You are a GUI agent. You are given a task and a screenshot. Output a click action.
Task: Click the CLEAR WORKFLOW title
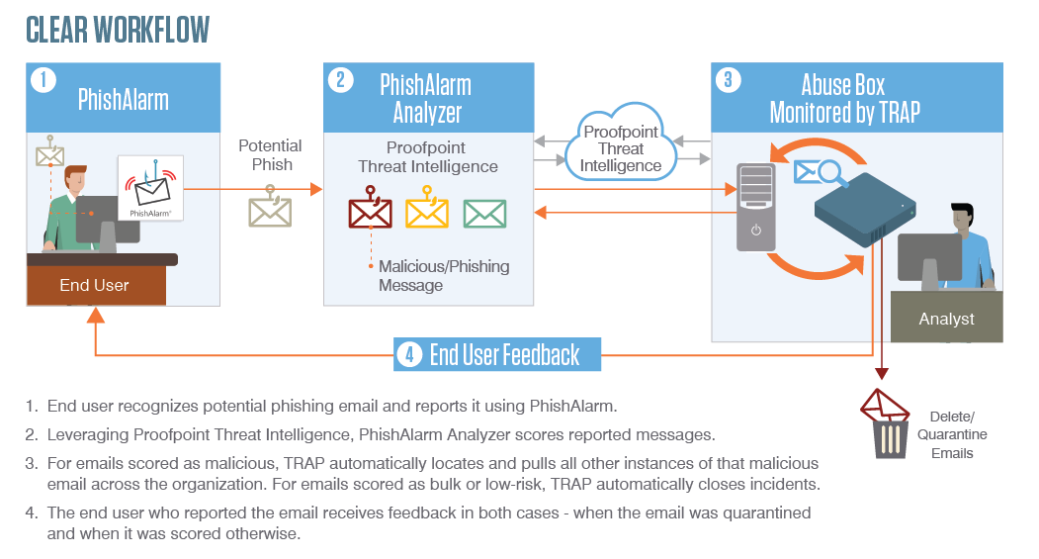(x=118, y=30)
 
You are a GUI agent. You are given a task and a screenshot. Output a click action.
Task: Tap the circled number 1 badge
(x=43, y=79)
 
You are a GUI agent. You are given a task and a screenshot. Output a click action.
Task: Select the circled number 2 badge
(x=340, y=79)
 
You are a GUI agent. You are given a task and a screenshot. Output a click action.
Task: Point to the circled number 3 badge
(x=728, y=79)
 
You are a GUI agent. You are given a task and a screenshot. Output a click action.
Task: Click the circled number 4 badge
(x=409, y=354)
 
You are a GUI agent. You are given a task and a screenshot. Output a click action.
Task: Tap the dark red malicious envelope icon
(x=370, y=213)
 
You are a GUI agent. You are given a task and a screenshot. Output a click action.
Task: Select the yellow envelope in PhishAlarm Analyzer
(x=427, y=213)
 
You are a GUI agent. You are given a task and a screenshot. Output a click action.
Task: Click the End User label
(x=94, y=285)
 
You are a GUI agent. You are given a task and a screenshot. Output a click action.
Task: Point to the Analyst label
(x=946, y=319)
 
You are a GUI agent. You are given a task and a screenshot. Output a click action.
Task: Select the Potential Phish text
(x=270, y=155)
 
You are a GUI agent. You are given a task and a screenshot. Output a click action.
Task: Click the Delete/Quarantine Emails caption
(x=952, y=434)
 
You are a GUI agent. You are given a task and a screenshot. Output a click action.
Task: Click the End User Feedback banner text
(x=504, y=354)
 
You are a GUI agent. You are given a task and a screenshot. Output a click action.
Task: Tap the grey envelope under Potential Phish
(x=270, y=211)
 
